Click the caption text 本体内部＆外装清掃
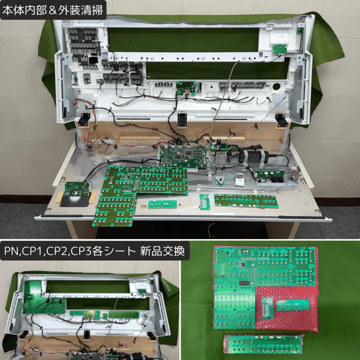click(53, 10)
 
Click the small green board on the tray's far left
click(77, 189)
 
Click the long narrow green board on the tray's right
click(246, 200)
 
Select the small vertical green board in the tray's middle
click(204, 201)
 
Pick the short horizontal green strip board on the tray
click(162, 204)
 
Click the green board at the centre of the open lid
click(186, 87)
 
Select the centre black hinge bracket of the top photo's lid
click(182, 119)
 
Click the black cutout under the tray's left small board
click(75, 202)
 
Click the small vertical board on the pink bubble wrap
click(267, 307)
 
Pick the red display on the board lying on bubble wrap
click(244, 283)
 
